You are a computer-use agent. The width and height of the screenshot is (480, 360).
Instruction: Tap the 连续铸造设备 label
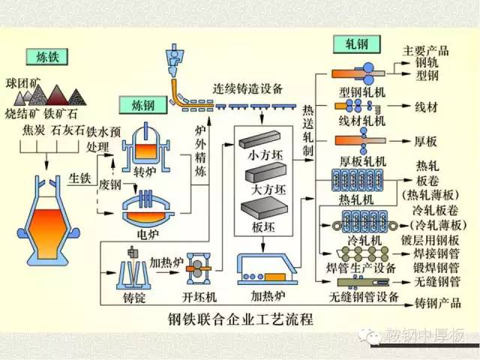pyautogui.click(x=247, y=88)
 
